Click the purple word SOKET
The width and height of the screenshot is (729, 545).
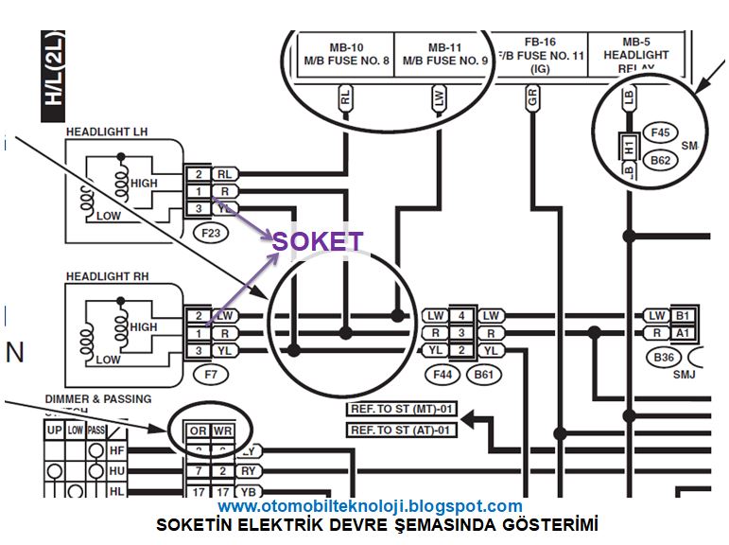[x=317, y=241]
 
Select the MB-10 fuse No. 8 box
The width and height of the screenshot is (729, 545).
[x=346, y=54]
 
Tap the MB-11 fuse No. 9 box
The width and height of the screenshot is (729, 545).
[x=443, y=54]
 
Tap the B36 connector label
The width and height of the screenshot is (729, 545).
[x=665, y=358]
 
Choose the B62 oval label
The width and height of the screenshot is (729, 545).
[x=659, y=161]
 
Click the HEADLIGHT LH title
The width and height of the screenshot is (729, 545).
[x=106, y=132]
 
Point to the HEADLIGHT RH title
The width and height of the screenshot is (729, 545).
[x=107, y=276]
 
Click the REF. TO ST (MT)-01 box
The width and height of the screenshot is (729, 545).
[x=402, y=409]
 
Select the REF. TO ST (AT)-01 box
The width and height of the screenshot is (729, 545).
[x=402, y=431]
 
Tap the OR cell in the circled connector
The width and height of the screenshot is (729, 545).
[x=198, y=431]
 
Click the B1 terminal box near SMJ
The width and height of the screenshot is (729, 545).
[x=683, y=315]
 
